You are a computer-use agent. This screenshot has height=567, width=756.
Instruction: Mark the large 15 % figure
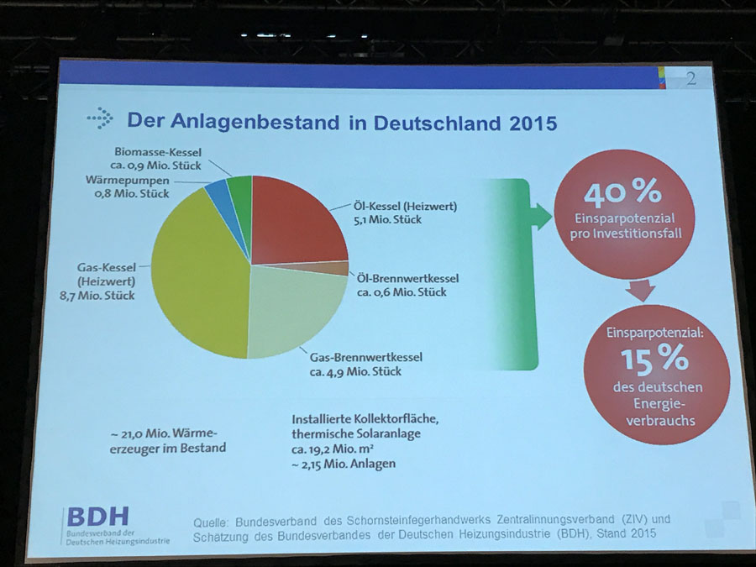[x=654, y=360]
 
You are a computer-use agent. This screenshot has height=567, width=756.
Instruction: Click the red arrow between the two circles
[x=641, y=290]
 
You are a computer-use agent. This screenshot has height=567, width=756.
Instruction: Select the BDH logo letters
[x=97, y=516]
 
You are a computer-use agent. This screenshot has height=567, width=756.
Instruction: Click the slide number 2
[x=690, y=81]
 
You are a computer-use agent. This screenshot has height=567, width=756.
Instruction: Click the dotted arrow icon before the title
[x=100, y=118]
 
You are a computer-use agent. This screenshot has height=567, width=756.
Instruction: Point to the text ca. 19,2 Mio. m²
[x=336, y=450]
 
